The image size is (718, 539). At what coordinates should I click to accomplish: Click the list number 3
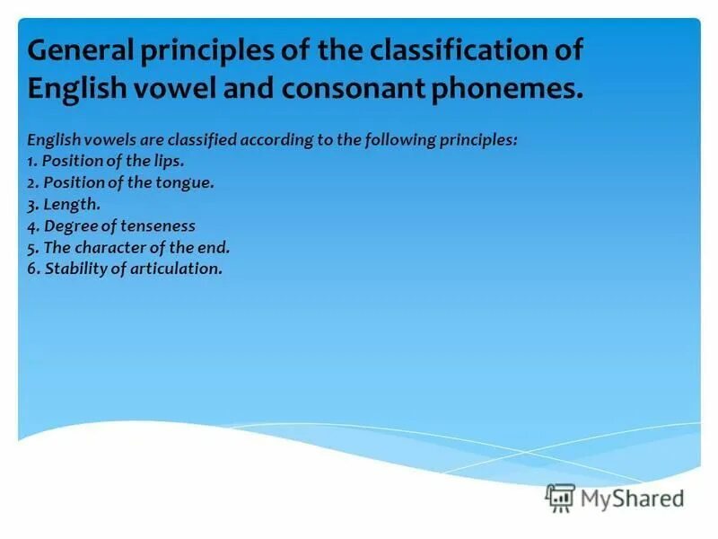pyautogui.click(x=32, y=205)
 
